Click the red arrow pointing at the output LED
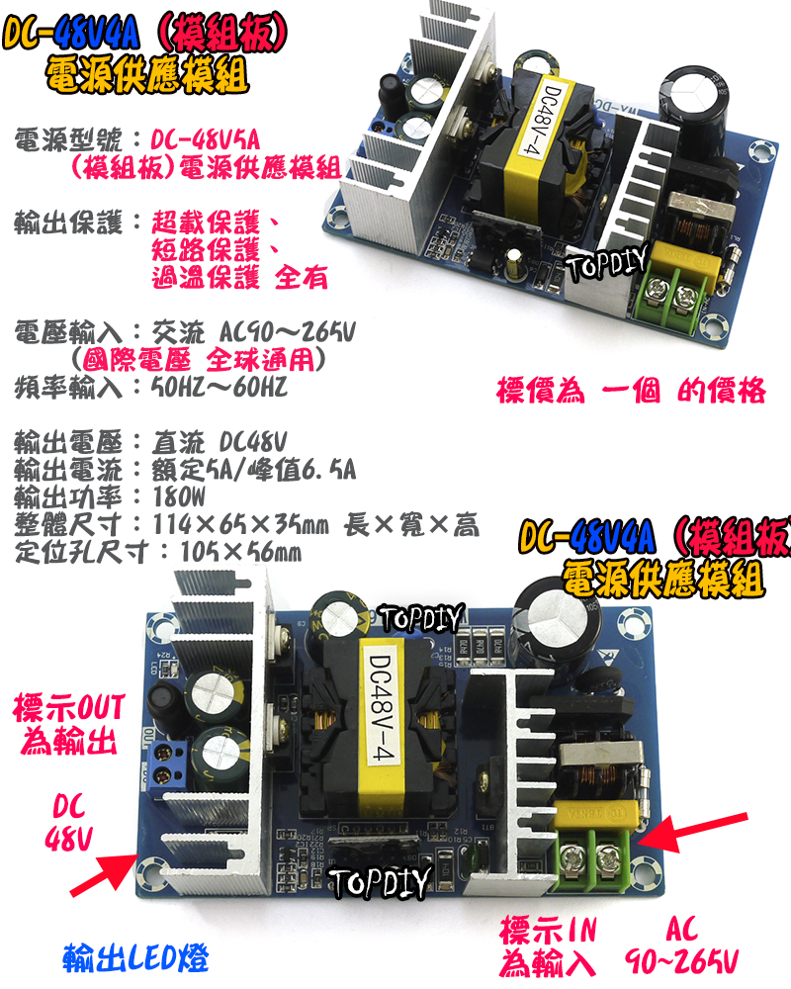(x=103, y=870)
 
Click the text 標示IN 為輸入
(x=550, y=945)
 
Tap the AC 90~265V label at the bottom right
(x=682, y=945)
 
